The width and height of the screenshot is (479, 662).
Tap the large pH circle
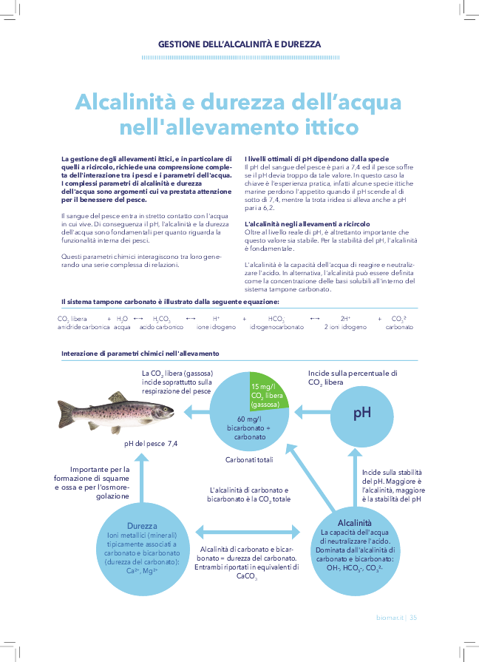click(361, 412)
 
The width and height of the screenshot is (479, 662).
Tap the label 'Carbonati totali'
click(249, 460)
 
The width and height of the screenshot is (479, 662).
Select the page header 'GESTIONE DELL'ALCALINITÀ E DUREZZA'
click(239, 44)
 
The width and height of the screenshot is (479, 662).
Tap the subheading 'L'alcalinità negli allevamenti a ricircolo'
click(308, 224)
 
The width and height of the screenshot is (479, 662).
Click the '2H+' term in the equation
click(345, 318)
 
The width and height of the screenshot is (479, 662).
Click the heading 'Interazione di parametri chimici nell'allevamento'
click(140, 354)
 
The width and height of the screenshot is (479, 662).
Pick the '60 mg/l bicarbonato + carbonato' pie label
click(249, 428)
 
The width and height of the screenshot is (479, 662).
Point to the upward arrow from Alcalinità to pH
click(354, 473)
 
